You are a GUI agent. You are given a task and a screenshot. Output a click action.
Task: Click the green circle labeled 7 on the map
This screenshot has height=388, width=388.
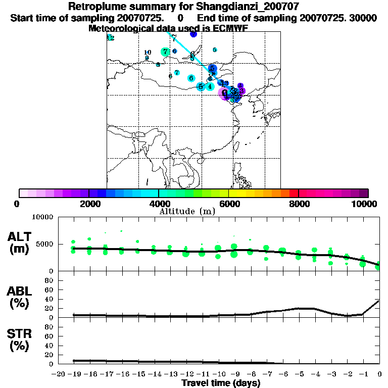click(165, 52)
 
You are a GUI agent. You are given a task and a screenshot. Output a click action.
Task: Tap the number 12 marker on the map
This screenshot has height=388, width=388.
click(110, 38)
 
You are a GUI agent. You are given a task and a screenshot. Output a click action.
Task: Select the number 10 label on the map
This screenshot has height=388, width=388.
click(148, 53)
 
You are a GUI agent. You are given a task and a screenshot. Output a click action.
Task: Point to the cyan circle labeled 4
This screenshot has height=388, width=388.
click(210, 86)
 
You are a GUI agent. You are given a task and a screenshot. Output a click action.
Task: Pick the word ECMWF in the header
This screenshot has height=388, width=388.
click(230, 28)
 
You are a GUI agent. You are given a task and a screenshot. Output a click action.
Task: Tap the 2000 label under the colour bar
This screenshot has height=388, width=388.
click(88, 204)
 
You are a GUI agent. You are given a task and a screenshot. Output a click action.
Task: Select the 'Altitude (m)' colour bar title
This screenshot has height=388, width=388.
click(187, 211)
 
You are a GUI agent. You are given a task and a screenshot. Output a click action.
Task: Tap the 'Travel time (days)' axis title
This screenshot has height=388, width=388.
click(221, 383)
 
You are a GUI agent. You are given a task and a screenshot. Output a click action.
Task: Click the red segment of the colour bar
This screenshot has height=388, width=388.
click(293, 193)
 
